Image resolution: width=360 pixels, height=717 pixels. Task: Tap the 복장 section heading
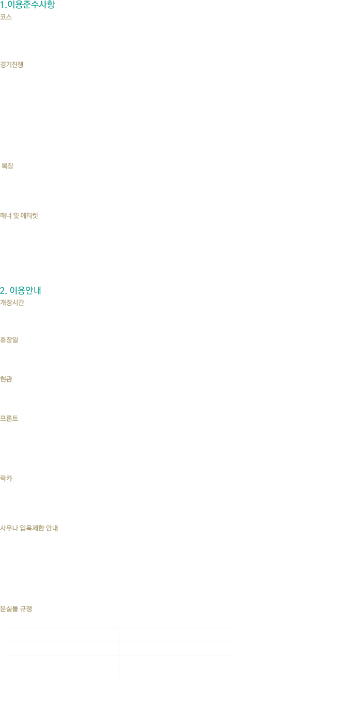[7, 166]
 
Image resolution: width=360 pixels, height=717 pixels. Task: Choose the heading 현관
[6, 378]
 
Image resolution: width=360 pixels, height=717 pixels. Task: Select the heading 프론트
[9, 418]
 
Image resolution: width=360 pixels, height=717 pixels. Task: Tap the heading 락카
[6, 479]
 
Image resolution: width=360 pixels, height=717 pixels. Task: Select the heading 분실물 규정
[17, 608]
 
